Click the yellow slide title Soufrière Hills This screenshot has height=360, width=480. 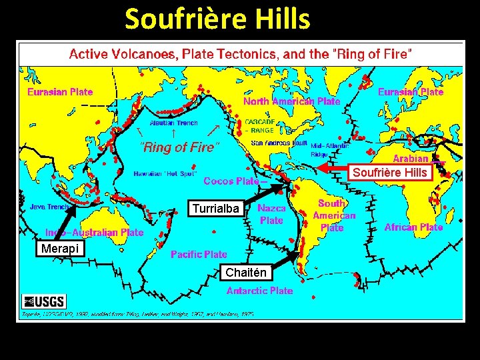click(217, 19)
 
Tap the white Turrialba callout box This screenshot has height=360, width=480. click(215, 209)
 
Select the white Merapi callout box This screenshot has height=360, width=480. click(59, 249)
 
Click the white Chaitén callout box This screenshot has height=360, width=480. click(245, 272)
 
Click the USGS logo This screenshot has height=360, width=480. click(44, 301)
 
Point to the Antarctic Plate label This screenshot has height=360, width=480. click(259, 291)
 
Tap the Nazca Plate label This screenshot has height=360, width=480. click(271, 214)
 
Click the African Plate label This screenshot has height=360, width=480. click(413, 227)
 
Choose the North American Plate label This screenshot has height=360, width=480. click(291, 101)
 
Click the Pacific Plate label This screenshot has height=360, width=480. click(199, 254)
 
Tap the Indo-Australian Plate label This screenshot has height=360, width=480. click(94, 233)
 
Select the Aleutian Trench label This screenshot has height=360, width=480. click(173, 123)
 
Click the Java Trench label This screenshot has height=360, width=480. click(49, 207)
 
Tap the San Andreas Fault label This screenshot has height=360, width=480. click(279, 143)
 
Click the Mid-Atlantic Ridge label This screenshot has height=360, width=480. click(328, 149)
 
